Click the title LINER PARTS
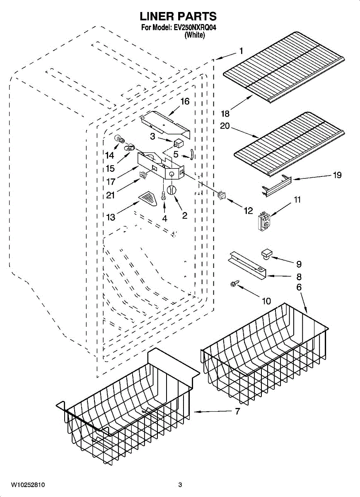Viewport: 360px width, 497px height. [178, 17]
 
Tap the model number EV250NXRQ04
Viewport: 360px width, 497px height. [194, 28]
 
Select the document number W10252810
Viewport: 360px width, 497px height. [28, 485]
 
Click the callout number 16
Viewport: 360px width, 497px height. [185, 101]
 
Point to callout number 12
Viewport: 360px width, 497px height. [248, 211]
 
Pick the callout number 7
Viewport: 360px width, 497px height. [237, 412]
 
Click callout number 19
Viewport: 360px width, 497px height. [337, 175]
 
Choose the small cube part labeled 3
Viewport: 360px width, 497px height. [179, 143]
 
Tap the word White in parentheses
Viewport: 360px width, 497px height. [194, 36]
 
